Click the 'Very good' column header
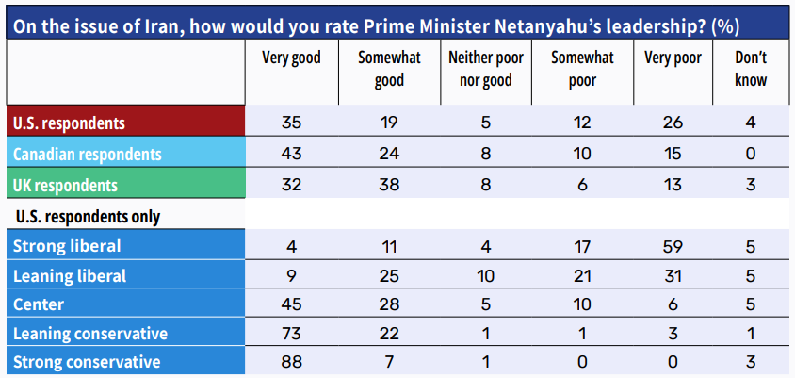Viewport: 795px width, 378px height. coord(291,58)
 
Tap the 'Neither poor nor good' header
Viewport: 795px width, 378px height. coord(485,69)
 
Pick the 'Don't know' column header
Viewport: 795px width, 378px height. coord(750,69)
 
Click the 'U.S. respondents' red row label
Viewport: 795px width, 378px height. coord(69,123)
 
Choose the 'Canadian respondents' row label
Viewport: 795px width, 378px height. coord(88,154)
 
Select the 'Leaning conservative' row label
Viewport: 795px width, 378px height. coord(90,333)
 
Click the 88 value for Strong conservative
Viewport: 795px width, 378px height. coord(291,362)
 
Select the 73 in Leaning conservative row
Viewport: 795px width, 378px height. coord(291,334)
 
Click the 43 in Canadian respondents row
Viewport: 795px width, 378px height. coord(291,154)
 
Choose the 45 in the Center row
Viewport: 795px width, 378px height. coord(291,305)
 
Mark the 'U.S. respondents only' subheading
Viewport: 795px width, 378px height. coord(88,217)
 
